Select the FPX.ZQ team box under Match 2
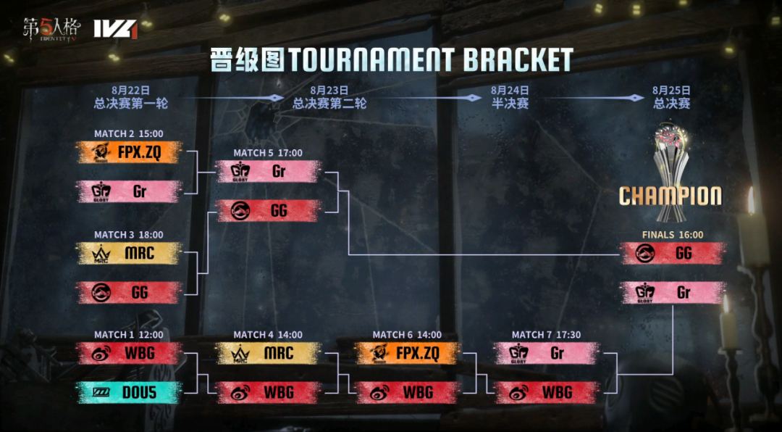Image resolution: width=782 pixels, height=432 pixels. (x=129, y=152)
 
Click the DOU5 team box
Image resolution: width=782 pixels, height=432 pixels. (x=129, y=393)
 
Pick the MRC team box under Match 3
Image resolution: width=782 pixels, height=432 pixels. (x=129, y=254)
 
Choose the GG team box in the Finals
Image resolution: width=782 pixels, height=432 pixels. (x=673, y=253)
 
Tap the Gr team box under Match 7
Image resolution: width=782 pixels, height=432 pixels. (x=547, y=353)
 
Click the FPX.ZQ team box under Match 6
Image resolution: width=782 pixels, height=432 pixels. (x=408, y=353)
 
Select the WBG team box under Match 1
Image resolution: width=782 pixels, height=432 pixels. (x=129, y=353)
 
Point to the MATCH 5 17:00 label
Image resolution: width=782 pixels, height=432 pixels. (x=268, y=153)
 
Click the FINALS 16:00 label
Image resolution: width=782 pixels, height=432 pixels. (x=673, y=235)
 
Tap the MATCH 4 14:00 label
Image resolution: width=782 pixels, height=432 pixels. (x=268, y=335)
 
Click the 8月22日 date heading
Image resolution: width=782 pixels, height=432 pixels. (x=131, y=91)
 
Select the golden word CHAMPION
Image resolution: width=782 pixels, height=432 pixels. (x=670, y=196)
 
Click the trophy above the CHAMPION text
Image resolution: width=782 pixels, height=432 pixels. (x=670, y=152)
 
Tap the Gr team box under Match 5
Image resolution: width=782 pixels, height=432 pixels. (x=268, y=172)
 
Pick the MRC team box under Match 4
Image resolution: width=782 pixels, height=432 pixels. (x=268, y=353)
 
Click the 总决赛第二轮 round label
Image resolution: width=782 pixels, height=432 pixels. (x=329, y=104)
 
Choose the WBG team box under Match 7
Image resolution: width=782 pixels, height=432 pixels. (x=547, y=393)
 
